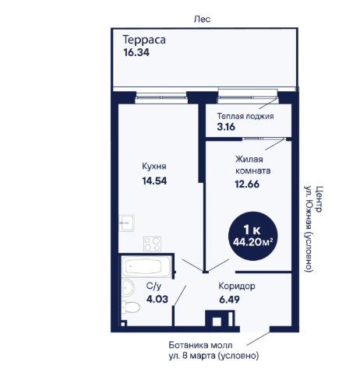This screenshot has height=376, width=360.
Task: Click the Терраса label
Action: pyautogui.click(x=144, y=40)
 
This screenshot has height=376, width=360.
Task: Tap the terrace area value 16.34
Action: pyautogui.click(x=136, y=52)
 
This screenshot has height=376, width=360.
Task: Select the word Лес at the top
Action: pyautogui.click(x=202, y=19)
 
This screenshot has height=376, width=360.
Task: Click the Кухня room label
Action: pyautogui.click(x=154, y=167)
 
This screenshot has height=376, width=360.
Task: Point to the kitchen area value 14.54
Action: pyautogui.click(x=154, y=181)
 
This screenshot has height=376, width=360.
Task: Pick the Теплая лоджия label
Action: pyautogui.click(x=245, y=116)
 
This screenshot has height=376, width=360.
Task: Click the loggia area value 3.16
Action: pyautogui.click(x=226, y=127)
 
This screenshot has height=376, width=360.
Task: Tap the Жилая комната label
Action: pyautogui.click(x=252, y=165)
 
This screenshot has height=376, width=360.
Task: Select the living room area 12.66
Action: pyautogui.click(x=247, y=184)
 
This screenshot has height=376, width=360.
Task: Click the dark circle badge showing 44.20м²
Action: pyautogui.click(x=252, y=236)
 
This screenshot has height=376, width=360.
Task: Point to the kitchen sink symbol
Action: pyautogui.click(x=126, y=223)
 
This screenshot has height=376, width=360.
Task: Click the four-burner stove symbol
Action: pyautogui.click(x=152, y=244)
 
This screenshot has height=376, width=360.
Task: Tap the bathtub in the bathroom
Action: pyautogui.click(x=146, y=266)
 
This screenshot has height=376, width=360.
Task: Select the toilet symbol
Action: pyautogui.click(x=130, y=307)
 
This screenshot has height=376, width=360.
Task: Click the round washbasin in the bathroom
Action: pyautogui.click(x=128, y=287)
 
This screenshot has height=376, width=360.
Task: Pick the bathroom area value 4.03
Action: pyautogui.click(x=157, y=299)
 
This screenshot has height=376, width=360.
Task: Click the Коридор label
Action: pyautogui.click(x=237, y=286)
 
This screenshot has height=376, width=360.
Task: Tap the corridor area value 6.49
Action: pyautogui.click(x=229, y=300)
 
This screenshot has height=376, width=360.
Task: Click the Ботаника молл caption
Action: pyautogui.click(x=200, y=346)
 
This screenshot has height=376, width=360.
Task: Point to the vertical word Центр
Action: pyautogui.click(x=319, y=199)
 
